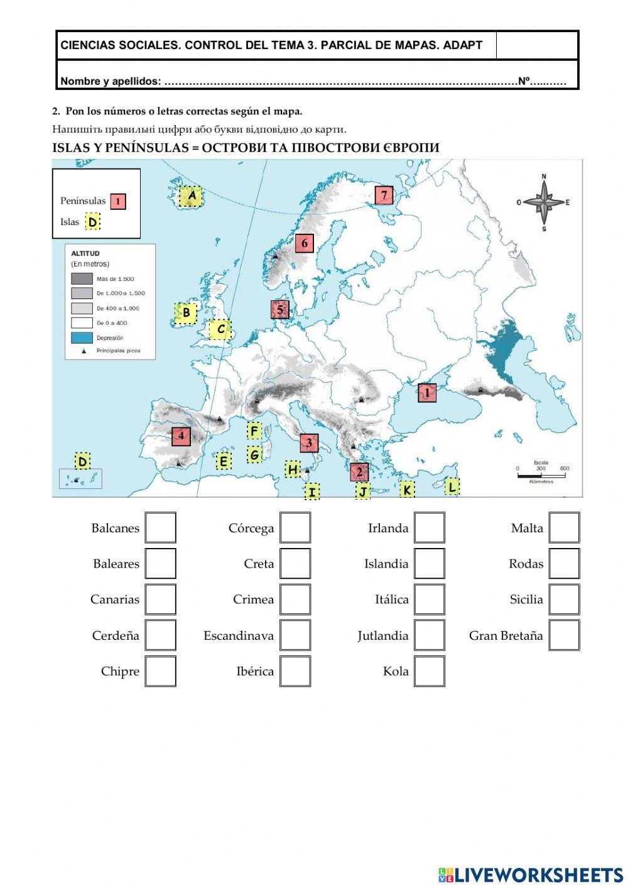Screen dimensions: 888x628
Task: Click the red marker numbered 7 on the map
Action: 384,195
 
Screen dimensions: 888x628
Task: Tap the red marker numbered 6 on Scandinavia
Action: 304,243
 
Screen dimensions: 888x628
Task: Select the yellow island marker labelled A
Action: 192,196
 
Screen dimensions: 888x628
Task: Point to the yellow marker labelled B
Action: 186,312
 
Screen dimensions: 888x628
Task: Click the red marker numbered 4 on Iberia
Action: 181,436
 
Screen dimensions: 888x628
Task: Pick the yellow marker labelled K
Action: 407,490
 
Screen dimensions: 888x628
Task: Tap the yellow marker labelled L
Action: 452,486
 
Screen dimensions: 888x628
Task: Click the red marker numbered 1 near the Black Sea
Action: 427,393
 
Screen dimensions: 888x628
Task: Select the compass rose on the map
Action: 544,202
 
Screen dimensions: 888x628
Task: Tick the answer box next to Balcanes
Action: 160,528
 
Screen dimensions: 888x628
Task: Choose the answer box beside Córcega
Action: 295,528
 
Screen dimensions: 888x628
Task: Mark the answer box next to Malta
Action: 564,528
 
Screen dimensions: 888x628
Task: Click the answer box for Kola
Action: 430,671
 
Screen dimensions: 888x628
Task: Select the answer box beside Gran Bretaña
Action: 564,635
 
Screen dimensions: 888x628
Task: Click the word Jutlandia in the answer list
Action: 383,635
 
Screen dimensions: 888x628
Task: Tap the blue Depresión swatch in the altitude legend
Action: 82,337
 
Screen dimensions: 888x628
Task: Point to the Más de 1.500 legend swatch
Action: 82,278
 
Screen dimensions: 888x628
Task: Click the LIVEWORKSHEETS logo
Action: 531,874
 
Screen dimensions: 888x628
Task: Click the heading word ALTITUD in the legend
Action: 85,254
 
